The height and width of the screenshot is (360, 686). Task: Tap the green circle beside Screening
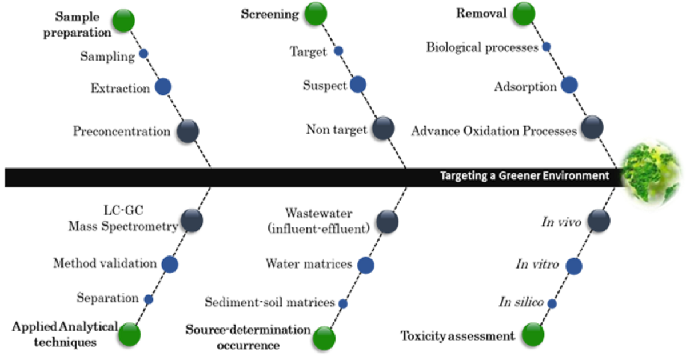point(314,14)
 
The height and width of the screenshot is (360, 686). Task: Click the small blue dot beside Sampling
point(144,53)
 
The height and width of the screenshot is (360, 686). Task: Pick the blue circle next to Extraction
point(163,87)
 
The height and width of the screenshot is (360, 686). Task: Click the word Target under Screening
point(308,52)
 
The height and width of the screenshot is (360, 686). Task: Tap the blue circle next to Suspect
point(358,85)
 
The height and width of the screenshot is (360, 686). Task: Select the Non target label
point(336,130)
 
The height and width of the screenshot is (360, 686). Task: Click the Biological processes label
point(482,47)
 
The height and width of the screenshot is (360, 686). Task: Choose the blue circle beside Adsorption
point(569,85)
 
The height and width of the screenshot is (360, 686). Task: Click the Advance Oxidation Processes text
point(494,131)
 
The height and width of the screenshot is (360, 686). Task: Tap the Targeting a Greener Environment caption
point(524,176)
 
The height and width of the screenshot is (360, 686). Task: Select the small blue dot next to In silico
point(552,303)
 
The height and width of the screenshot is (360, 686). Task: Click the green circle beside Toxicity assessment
point(533,334)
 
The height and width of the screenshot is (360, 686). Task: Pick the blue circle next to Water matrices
point(366,265)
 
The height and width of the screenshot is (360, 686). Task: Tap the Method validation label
point(105,263)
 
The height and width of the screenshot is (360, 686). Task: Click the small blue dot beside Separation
point(149,299)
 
